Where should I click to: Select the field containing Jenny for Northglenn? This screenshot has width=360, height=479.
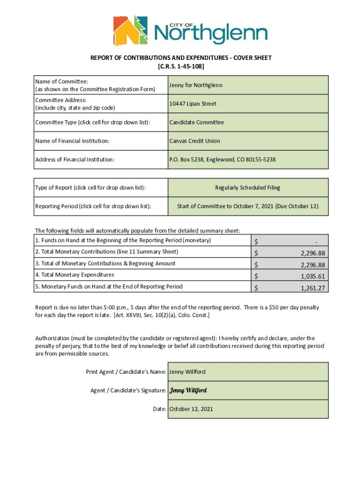click(196, 85)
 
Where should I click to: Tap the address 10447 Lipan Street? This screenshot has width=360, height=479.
click(193, 104)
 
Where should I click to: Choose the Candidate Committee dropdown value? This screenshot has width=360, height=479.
click(196, 123)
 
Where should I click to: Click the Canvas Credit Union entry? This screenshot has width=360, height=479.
click(194, 141)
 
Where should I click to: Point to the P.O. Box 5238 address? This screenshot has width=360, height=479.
click(222, 160)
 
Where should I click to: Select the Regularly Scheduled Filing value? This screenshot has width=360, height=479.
click(247, 188)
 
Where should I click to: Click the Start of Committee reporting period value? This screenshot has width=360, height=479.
click(247, 206)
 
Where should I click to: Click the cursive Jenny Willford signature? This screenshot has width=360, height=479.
click(187, 391)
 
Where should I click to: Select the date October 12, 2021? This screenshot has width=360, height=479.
click(191, 409)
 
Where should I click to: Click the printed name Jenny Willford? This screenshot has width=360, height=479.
click(187, 372)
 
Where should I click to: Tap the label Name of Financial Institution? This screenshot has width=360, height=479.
click(72, 141)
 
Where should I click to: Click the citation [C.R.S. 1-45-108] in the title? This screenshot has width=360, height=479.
click(180, 66)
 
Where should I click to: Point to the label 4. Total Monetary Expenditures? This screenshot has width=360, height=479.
click(74, 275)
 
